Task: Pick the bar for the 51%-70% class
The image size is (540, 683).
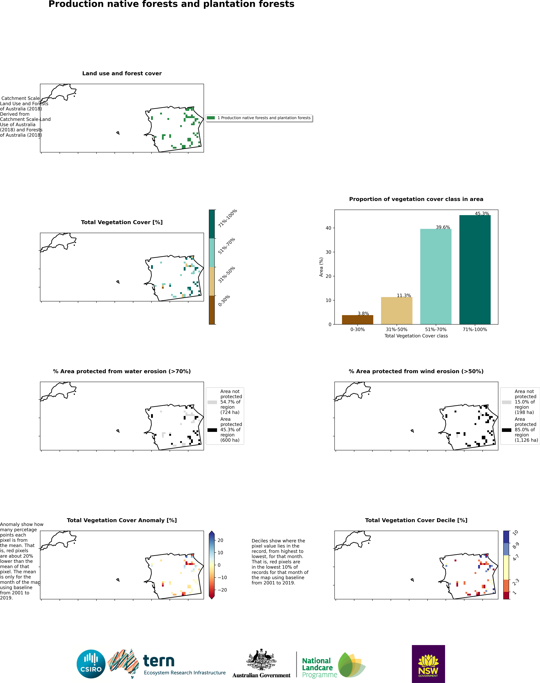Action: point(436,276)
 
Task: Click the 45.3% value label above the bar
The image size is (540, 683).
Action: point(482,214)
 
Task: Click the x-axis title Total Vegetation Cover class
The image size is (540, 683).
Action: point(416,336)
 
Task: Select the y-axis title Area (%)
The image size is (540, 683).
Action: point(321,267)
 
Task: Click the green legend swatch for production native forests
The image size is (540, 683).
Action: point(211,118)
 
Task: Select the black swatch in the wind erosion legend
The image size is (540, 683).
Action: point(506,430)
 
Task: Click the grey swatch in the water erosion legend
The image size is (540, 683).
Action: point(212,402)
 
